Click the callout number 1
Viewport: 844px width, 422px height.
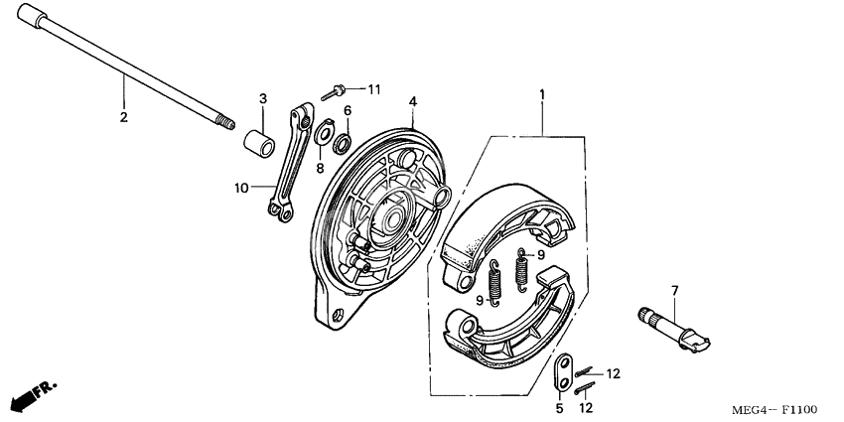542,95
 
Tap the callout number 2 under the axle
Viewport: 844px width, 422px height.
124,117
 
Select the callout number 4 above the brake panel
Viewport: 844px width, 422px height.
412,101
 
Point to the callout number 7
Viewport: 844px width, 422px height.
674,290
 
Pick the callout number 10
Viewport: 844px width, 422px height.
241,187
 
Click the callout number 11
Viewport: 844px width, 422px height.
374,89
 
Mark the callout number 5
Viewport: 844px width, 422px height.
559,407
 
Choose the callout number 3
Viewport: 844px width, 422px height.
263,98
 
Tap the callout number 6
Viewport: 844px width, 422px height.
348,110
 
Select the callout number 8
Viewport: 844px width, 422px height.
320,169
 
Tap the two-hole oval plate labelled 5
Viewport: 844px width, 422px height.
563,372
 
